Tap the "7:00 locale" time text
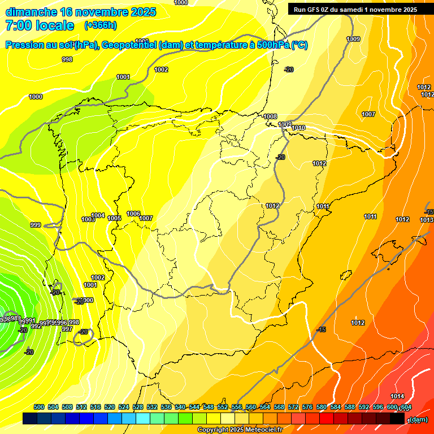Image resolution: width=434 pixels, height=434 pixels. coord(40,25)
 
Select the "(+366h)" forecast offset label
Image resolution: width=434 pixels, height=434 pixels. coord(100,25)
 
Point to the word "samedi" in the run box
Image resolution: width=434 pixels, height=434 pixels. coord(351,9)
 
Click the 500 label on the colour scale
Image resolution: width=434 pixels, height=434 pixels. coord(39,407)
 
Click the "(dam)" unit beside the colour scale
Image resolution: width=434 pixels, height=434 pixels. coord(418,419)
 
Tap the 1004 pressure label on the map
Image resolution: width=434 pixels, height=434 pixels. coord(98,215)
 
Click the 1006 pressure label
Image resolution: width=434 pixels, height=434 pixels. coord(133,214)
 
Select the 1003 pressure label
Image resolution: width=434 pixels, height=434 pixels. coord(88,220)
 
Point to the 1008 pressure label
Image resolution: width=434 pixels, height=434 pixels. coord(270,116)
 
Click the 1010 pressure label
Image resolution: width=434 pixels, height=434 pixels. coord(298,128)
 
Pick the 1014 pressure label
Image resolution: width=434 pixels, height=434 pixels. coord(397,396)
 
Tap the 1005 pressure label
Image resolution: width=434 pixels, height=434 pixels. coord(115,218)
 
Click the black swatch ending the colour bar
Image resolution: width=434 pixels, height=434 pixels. coord(397,419)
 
